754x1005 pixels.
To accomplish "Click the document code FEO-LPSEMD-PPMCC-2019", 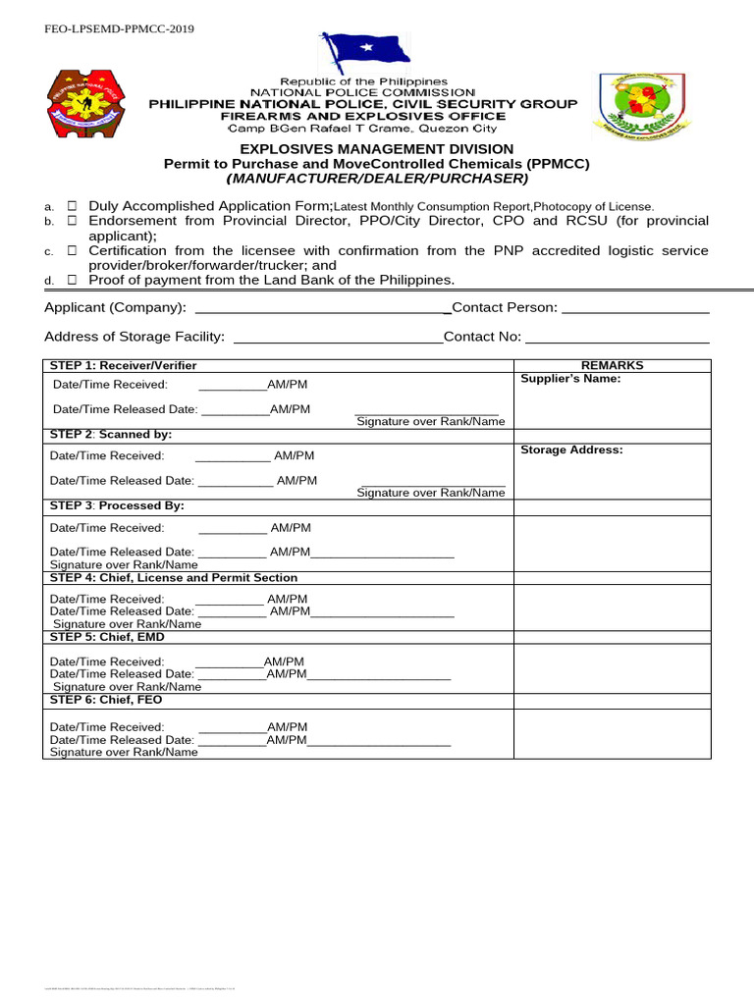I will point(119,29).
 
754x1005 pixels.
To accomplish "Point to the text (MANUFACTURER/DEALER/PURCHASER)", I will point(376,179).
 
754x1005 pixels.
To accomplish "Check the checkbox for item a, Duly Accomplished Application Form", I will point(73,206).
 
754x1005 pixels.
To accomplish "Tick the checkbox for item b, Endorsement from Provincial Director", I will point(73,222).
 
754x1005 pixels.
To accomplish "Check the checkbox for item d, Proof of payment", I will point(73,280).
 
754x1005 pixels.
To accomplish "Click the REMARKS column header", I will point(612,365).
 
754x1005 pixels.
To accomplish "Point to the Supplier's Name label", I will point(570,379).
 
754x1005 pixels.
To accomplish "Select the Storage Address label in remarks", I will point(571,450).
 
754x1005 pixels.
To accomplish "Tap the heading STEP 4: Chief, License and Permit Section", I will point(173,578).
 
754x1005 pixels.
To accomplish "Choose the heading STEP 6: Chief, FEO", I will point(106,700).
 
